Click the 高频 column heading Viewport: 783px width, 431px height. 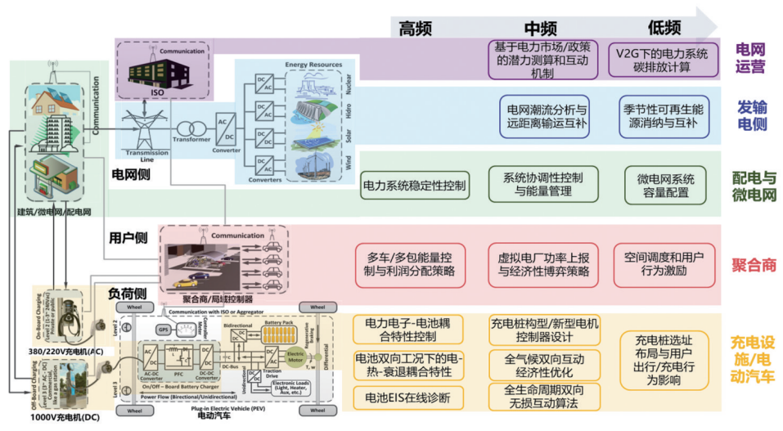(x=415, y=27)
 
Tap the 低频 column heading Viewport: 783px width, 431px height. (x=664, y=27)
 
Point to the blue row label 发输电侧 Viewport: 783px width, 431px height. (x=751, y=114)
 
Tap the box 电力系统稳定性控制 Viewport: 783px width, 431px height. (x=415, y=186)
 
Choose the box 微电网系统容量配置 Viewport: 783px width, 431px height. (x=665, y=186)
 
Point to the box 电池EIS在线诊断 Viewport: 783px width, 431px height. (x=409, y=397)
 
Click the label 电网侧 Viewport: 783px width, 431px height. (x=129, y=174)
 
